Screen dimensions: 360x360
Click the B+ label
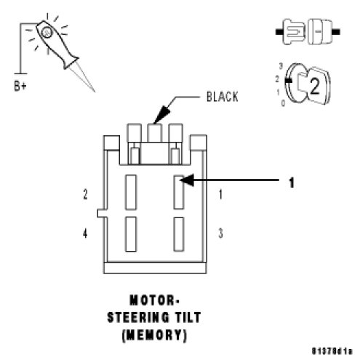[20, 86]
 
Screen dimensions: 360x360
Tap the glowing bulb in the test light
[47, 33]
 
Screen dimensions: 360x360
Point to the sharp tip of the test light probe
[95, 91]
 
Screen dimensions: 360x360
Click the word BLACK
[222, 97]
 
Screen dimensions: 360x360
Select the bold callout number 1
[292, 183]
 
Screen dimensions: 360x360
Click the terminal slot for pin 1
[179, 192]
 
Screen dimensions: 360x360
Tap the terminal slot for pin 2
[131, 192]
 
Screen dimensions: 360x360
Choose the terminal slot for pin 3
[179, 234]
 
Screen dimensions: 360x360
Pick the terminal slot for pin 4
[131, 234]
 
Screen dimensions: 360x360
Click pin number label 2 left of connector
[85, 194]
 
